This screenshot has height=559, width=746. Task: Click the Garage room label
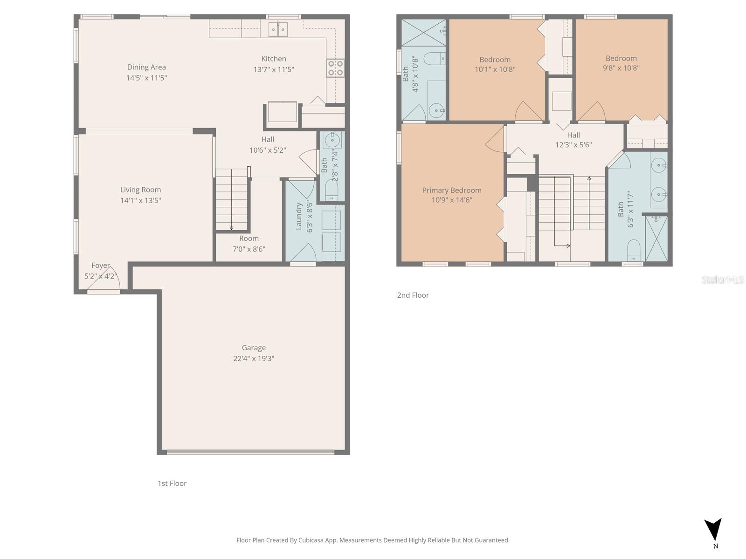254,348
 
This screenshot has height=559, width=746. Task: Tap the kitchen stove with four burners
335,68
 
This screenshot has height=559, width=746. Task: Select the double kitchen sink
278,29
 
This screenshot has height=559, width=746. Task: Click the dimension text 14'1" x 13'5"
140,200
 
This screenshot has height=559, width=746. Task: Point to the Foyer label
100,266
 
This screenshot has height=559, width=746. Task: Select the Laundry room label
299,216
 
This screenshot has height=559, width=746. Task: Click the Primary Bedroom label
451,190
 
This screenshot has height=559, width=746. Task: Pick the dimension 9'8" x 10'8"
621,68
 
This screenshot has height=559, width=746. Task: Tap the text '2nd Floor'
413,295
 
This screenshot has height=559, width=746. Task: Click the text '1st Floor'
172,483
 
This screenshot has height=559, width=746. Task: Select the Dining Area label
146,67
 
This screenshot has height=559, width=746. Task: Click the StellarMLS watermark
723,279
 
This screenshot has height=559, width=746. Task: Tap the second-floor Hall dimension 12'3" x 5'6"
573,145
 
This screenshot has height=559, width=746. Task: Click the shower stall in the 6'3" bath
656,238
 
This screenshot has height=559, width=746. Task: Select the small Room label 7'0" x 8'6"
249,239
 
